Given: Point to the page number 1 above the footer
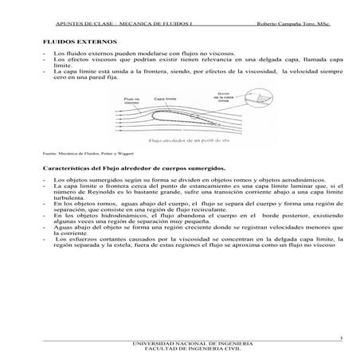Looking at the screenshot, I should click(340, 337).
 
